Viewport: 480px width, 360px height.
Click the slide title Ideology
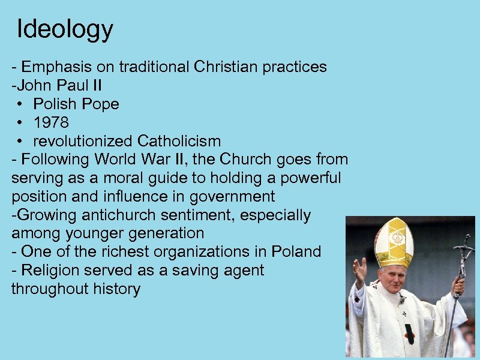[x=65, y=29]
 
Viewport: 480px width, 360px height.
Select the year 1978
[x=51, y=122]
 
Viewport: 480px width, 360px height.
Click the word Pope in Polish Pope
[x=101, y=104]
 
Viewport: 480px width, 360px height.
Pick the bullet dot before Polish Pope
[x=20, y=104]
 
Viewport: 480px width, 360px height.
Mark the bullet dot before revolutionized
[x=20, y=142]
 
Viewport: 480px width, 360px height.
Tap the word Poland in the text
[x=296, y=251]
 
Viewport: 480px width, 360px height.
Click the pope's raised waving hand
[x=359, y=271]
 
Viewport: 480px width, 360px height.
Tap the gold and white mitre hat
[x=394, y=242]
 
